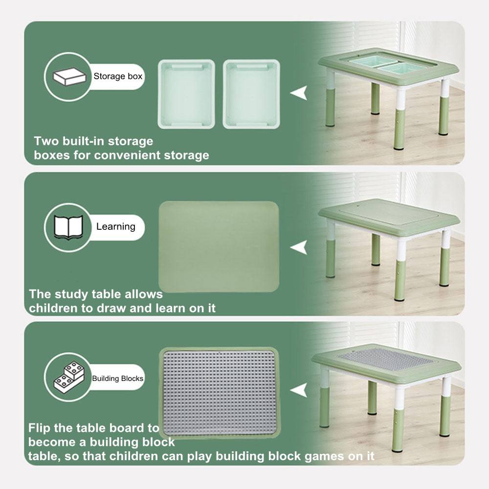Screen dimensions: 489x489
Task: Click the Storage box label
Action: (x=118, y=76)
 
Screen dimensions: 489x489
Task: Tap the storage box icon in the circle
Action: (x=69, y=77)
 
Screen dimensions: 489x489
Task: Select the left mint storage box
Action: (x=186, y=94)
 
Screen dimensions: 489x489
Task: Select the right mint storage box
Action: (x=251, y=94)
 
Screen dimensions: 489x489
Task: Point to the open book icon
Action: (x=68, y=227)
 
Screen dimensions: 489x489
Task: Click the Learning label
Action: (x=116, y=227)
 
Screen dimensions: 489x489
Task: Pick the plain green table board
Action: (x=219, y=246)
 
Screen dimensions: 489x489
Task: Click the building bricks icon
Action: (x=69, y=377)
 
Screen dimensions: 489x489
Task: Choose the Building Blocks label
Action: (x=117, y=378)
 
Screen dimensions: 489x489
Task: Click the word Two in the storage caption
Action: (x=46, y=141)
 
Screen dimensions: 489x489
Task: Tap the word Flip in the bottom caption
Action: (x=39, y=428)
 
